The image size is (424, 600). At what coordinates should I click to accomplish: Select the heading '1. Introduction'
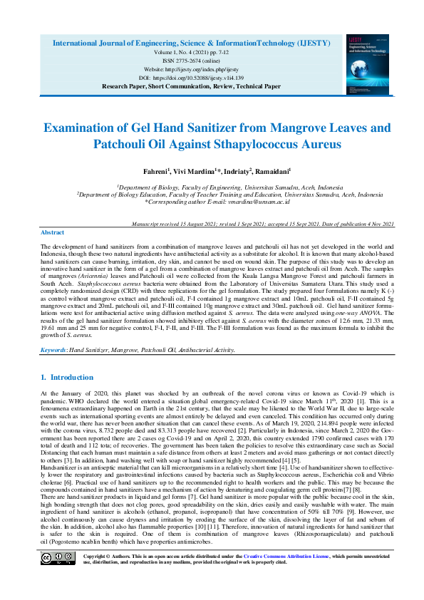[x=67, y=377]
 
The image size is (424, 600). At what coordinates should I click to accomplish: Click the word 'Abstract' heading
[x=52, y=233]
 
